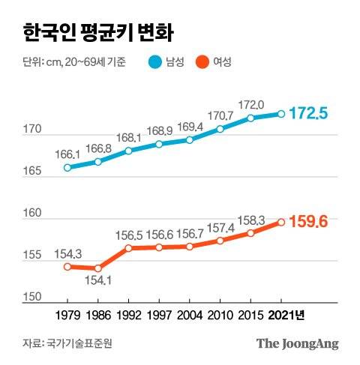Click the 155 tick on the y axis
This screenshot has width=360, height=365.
[31, 256]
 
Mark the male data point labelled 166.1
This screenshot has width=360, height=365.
[67, 167]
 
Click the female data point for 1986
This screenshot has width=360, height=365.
[98, 268]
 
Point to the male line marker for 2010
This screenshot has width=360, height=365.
[220, 129]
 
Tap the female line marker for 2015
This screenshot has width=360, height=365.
[250, 232]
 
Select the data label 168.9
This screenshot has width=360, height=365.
[159, 132]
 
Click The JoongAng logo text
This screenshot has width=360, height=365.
[298, 344]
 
